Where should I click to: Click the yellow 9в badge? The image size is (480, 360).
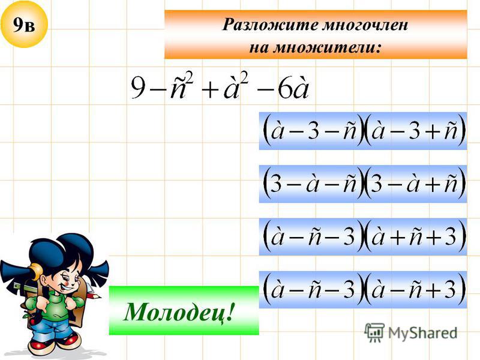pyautogui.click(x=24, y=24)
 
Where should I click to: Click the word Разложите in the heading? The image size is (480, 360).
pyautogui.click(x=269, y=25)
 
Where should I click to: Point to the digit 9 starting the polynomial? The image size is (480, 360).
pyautogui.click(x=139, y=88)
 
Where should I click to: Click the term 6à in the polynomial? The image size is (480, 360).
pyautogui.click(x=293, y=88)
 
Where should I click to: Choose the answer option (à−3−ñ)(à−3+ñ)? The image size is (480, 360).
pyautogui.click(x=363, y=131)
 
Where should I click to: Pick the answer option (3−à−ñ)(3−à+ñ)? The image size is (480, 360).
pyautogui.click(x=363, y=184)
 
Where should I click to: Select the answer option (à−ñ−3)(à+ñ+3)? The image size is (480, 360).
pyautogui.click(x=363, y=237)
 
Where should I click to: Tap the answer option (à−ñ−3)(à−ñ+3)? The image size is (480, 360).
pyautogui.click(x=363, y=290)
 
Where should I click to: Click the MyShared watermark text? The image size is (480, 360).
pyautogui.click(x=422, y=333)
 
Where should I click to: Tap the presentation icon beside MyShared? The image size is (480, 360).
pyautogui.click(x=374, y=332)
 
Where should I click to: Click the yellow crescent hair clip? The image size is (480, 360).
pyautogui.click(x=37, y=271)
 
